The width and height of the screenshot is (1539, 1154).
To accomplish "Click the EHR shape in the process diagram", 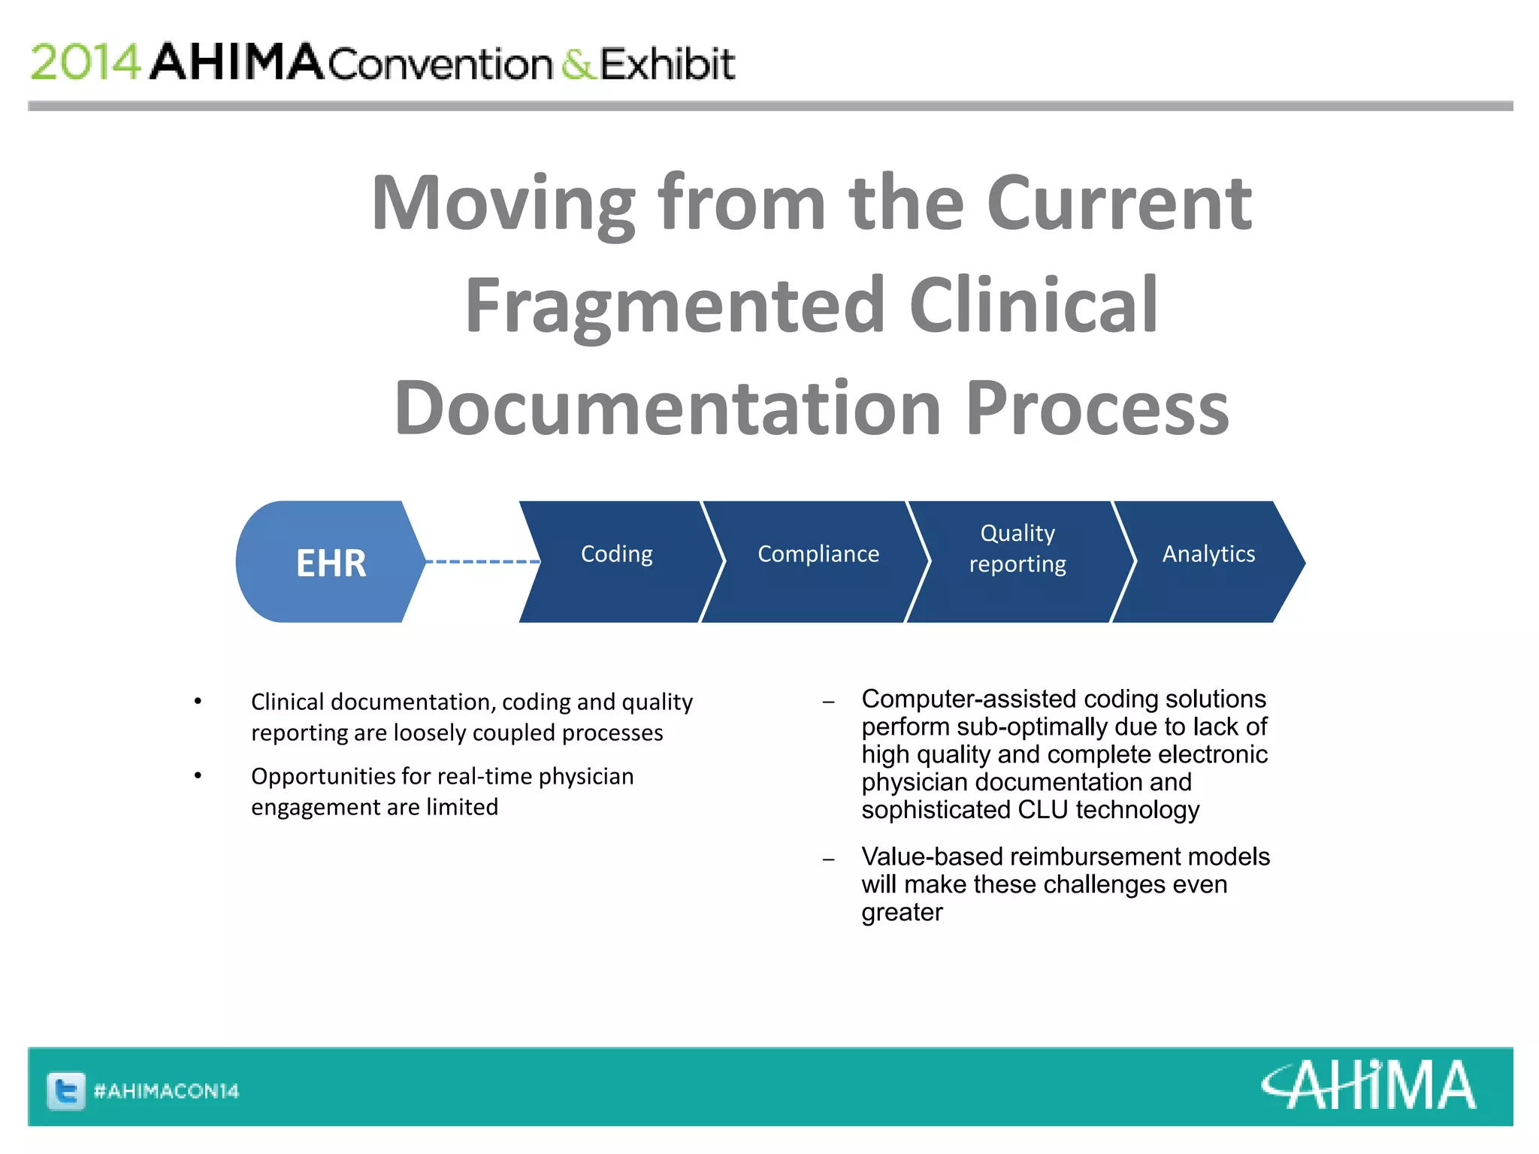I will tap(331, 562).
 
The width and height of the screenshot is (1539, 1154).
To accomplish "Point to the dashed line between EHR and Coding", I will tap(482, 561).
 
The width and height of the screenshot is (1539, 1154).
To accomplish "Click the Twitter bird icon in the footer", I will tap(66, 1090).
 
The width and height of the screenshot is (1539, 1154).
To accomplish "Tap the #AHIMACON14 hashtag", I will tap(166, 1091).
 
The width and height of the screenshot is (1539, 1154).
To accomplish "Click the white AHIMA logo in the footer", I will tap(1368, 1085).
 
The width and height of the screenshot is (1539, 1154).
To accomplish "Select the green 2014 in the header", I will tap(85, 62).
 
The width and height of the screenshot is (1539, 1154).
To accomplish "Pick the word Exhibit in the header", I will tap(667, 64).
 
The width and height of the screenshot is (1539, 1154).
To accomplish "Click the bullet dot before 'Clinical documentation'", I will tap(198, 701).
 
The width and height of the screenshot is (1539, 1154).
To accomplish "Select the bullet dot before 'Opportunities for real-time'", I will tap(198, 775).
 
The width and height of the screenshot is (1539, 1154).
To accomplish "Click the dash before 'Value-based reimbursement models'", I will tap(828, 859).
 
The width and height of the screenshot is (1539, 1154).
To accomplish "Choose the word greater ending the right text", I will tap(902, 913).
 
